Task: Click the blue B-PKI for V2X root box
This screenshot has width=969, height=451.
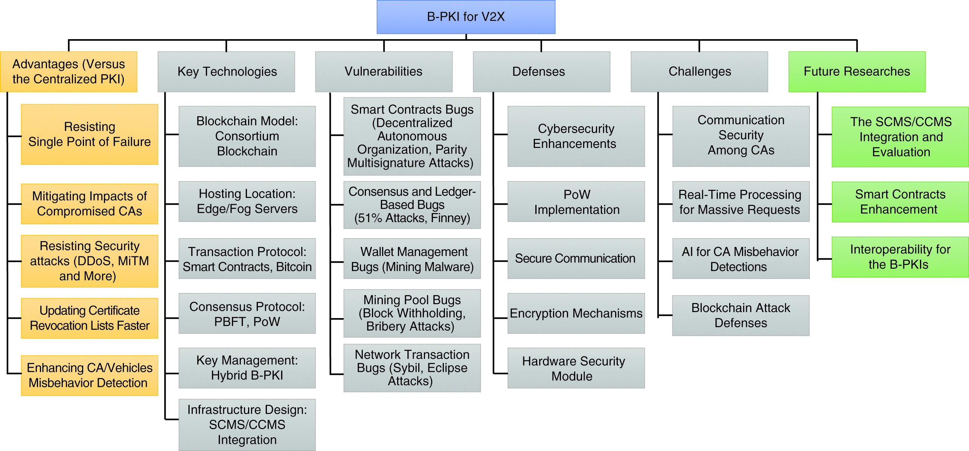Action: click(x=466, y=17)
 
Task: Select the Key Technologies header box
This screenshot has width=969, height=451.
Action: click(x=226, y=72)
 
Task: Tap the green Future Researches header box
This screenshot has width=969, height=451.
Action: click(x=857, y=72)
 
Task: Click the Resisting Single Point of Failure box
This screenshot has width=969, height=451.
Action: click(x=90, y=134)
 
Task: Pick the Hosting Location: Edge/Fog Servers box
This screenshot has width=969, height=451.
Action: click(x=247, y=201)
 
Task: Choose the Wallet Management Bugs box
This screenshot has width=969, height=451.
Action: click(x=412, y=259)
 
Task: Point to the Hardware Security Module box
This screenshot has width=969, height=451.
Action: click(x=576, y=368)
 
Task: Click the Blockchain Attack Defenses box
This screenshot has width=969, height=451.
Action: click(x=740, y=315)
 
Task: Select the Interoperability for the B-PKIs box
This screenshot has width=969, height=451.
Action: click(x=900, y=257)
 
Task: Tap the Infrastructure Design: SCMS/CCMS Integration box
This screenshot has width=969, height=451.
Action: click(x=247, y=425)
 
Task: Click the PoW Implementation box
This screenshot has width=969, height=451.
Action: click(x=576, y=202)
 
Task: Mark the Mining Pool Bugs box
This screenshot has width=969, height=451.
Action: click(x=412, y=313)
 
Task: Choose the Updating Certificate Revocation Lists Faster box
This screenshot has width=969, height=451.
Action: click(x=90, y=318)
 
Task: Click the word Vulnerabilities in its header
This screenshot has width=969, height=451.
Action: click(x=383, y=72)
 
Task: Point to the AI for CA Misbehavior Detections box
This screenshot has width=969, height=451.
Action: click(x=740, y=259)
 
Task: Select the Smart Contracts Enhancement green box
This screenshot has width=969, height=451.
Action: click(x=900, y=202)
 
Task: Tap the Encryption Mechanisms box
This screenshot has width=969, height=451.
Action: click(x=576, y=313)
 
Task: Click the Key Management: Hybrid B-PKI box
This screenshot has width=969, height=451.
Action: click(x=247, y=368)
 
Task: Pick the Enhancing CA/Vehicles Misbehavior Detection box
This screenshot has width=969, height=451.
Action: click(x=90, y=375)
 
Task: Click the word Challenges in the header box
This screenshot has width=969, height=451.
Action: click(x=699, y=72)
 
